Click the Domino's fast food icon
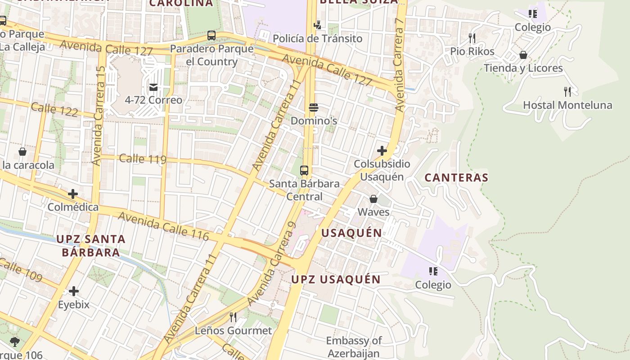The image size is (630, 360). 314,108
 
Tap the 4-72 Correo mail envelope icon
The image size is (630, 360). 153,87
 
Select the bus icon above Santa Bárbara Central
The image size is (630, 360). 304,171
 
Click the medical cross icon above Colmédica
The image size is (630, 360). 73,194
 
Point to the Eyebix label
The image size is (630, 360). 74,305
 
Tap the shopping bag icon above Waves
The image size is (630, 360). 373,199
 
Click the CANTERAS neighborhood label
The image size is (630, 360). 456,178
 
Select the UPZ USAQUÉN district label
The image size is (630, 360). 336,279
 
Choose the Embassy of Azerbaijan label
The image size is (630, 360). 354,347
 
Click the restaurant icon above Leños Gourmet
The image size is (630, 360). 233,317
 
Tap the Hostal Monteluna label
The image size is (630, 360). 567,105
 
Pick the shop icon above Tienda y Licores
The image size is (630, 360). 523,55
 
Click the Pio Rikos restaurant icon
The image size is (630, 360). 472,38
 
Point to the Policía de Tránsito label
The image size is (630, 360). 317,39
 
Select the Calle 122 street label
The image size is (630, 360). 54,110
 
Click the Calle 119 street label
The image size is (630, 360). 143,159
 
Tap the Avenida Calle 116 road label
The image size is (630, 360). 163,226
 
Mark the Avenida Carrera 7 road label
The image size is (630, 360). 399,65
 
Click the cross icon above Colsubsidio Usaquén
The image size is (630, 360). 382,151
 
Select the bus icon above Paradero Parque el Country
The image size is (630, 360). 211,36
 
